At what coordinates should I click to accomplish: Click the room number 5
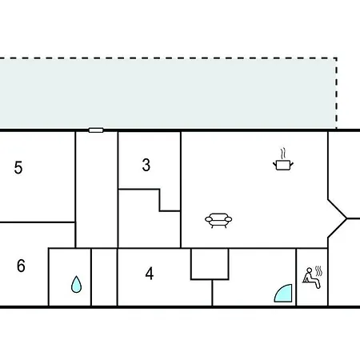click(x=18, y=167)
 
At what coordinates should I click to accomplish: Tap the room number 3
click(x=146, y=165)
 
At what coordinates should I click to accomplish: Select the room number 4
click(x=150, y=274)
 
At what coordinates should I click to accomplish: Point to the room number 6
click(x=21, y=266)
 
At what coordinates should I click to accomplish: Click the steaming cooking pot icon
click(x=283, y=159)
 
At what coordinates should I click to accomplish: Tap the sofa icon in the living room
click(x=218, y=220)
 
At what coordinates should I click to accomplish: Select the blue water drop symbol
click(x=76, y=284)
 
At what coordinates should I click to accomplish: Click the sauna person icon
click(x=311, y=278)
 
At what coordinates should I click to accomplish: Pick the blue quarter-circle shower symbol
click(x=285, y=294)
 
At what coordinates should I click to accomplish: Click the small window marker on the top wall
click(x=96, y=130)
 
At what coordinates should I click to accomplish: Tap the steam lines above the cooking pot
click(x=283, y=154)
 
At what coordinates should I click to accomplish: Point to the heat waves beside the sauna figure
click(x=318, y=271)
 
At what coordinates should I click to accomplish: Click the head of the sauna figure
click(x=309, y=270)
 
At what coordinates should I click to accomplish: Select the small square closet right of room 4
click(x=210, y=264)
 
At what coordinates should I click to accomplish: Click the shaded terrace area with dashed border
click(x=168, y=94)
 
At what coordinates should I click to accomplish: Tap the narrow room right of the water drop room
click(x=104, y=278)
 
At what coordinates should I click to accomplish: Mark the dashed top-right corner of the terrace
click(x=337, y=58)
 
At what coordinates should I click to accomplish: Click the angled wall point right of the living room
click(x=346, y=219)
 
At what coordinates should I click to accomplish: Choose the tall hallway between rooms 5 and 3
click(x=97, y=190)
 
